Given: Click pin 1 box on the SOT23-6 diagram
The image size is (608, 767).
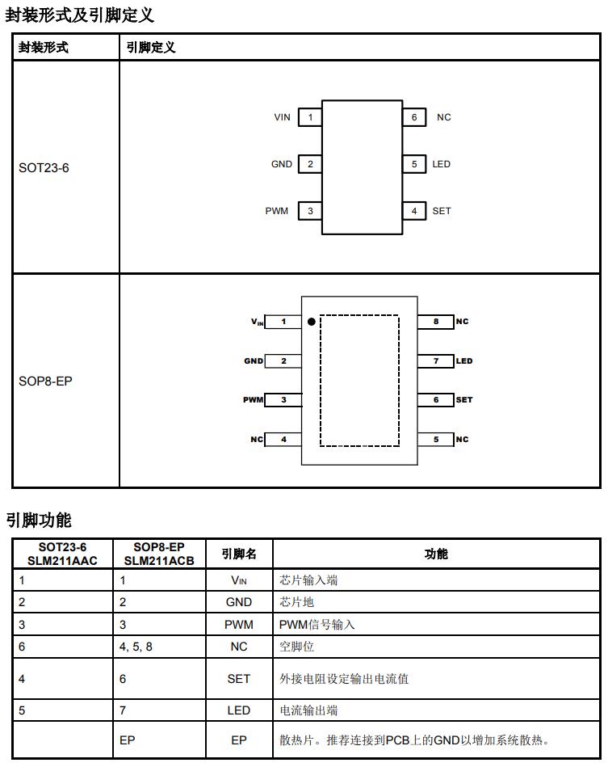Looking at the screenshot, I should (x=310, y=117).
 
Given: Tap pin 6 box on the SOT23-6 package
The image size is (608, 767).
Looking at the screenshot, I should (x=414, y=117).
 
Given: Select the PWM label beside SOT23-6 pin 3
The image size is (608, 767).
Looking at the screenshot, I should (x=276, y=211).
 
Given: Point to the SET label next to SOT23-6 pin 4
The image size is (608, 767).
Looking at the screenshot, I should (x=442, y=211).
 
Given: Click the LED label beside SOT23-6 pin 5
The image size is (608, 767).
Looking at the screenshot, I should (x=442, y=164).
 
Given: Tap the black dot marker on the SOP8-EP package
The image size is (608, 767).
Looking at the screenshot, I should (x=312, y=322).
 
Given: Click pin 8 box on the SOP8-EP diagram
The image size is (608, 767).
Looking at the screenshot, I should (x=436, y=322).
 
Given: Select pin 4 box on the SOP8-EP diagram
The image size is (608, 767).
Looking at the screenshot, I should (x=283, y=439).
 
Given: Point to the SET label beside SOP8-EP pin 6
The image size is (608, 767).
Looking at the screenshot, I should (x=464, y=400).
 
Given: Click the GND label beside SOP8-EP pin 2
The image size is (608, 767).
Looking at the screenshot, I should (x=254, y=361).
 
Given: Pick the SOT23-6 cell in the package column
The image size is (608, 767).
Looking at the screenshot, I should (x=44, y=168).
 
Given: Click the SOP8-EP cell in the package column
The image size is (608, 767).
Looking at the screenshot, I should (x=45, y=380).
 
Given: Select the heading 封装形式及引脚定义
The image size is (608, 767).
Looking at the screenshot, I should (x=79, y=15).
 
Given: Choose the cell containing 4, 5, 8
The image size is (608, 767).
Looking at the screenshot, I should (x=136, y=647).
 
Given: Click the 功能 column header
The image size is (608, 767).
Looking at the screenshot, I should (x=436, y=554).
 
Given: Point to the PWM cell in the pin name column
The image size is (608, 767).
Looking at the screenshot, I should (x=239, y=625).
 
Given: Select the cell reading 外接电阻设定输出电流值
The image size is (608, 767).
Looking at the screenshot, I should (x=344, y=678).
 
